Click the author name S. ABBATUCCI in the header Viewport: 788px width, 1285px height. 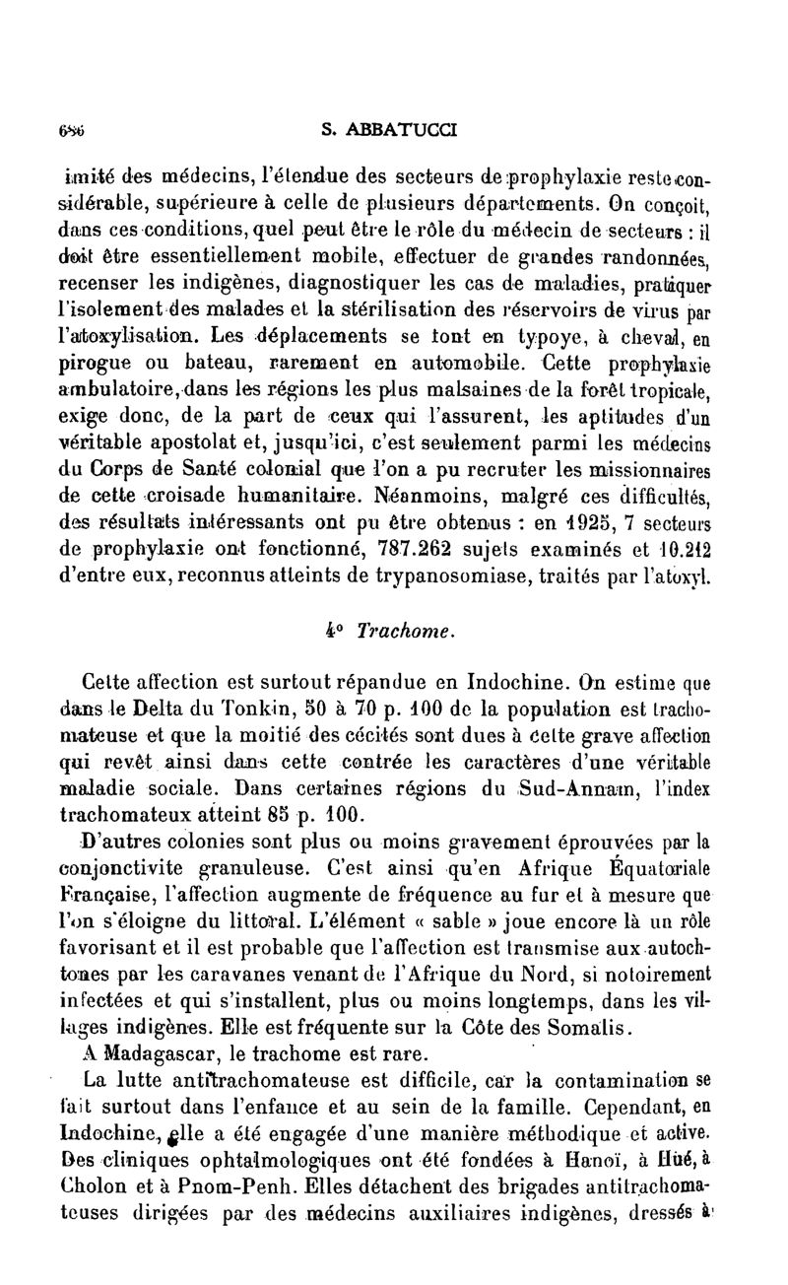(x=394, y=128)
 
